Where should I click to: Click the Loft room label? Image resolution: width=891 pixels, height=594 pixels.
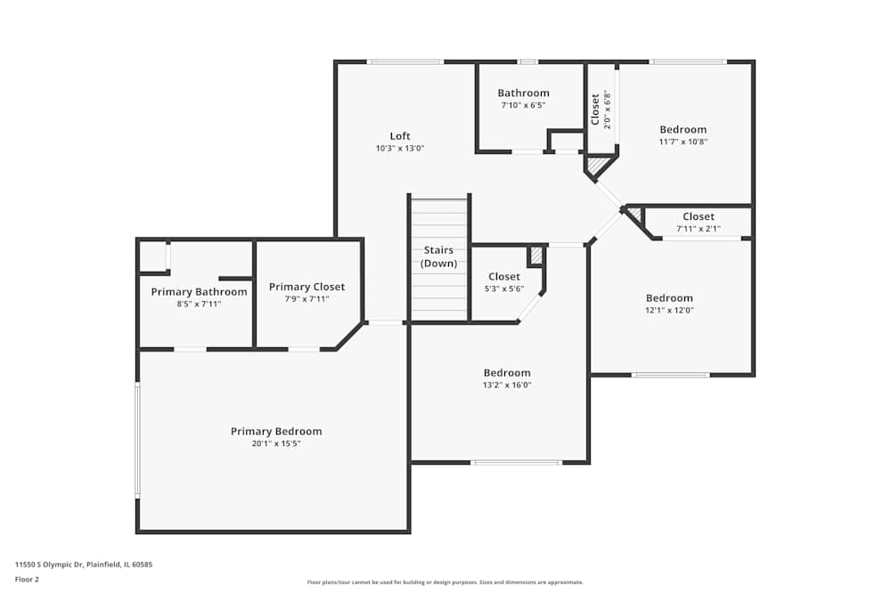[400, 136]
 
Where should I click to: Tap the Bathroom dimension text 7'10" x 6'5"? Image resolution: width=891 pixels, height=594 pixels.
[523, 105]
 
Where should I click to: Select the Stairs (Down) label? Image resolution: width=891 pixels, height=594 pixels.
[439, 256]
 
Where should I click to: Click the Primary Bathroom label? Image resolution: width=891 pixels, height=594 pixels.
[199, 292]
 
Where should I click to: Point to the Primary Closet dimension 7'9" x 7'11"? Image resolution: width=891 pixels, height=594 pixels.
[307, 299]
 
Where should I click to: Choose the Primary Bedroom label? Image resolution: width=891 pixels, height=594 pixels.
[276, 431]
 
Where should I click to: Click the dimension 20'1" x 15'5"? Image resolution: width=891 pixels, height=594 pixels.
[276, 443]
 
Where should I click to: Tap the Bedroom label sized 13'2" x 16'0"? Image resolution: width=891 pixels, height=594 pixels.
[507, 372]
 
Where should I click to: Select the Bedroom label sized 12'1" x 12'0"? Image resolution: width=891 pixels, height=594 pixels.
[669, 298]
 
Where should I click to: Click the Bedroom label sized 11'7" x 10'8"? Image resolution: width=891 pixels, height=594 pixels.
[683, 129]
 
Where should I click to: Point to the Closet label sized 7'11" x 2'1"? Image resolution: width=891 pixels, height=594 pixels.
[699, 216]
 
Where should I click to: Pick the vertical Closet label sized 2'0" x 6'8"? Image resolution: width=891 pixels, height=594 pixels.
[595, 110]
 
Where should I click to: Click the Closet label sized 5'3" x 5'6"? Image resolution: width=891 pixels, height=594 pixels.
[504, 277]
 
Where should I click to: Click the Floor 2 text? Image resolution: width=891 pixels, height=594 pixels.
[27, 579]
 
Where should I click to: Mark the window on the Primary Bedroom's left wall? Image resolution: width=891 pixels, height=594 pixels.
[137, 440]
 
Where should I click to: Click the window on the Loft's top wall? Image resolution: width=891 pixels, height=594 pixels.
[405, 61]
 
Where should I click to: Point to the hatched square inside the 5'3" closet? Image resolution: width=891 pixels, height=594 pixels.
[535, 256]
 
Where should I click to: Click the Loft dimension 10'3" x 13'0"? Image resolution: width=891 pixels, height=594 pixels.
[400, 149]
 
